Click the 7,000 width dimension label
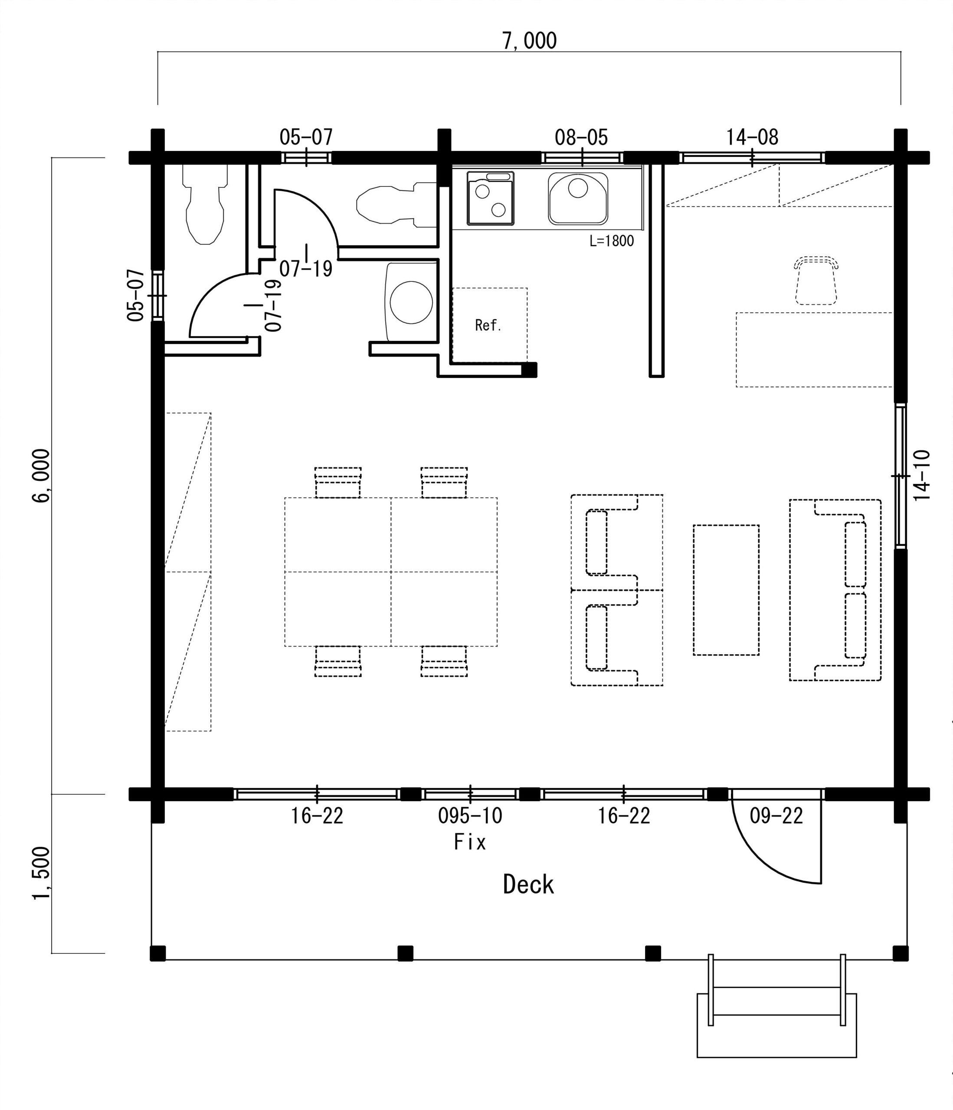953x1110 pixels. pyautogui.click(x=529, y=41)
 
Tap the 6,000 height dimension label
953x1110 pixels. pyautogui.click(x=41, y=476)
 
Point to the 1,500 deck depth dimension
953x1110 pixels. pyautogui.click(x=41, y=873)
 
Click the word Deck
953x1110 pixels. pyautogui.click(x=528, y=884)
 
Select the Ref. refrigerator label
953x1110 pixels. pyautogui.click(x=488, y=325)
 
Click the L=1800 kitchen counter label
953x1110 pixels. pyautogui.click(x=612, y=241)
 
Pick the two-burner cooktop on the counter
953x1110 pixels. pyautogui.click(x=491, y=198)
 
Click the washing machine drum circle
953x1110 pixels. pyautogui.click(x=411, y=302)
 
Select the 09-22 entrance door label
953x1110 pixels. pyautogui.click(x=776, y=816)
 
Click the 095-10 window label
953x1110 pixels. pyautogui.click(x=470, y=816)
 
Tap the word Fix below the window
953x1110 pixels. pyautogui.click(x=470, y=842)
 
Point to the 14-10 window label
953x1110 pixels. pyautogui.click(x=921, y=475)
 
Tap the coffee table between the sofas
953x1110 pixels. pyautogui.click(x=726, y=590)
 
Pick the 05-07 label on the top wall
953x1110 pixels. pyautogui.click(x=306, y=137)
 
